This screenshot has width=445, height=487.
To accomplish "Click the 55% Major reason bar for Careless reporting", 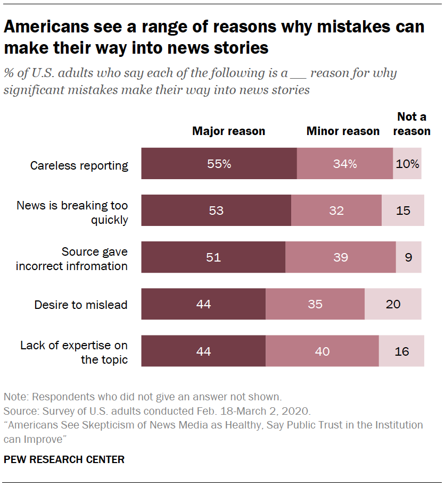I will coord(219,164).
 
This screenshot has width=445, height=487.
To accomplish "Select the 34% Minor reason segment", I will coord(344,164).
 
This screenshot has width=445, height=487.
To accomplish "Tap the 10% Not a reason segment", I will coord(407,164).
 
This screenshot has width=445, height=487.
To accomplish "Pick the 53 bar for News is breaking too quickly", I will coord(216,211).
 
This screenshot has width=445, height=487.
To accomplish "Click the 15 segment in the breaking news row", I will coord(403,211).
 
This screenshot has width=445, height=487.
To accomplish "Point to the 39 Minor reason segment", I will coord(341,257).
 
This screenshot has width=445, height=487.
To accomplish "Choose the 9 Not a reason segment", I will coord(408,257).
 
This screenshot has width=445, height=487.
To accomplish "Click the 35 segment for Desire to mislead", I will coord(315,304).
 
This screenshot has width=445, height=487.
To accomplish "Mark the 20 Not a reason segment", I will coord(393,304).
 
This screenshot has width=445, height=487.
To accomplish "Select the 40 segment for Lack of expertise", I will coord(322,351).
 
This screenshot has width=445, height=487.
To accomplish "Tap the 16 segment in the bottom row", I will coord(401,351).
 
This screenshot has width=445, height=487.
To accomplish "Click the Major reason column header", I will coord(228,131).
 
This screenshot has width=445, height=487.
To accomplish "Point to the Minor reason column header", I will coord(343,131).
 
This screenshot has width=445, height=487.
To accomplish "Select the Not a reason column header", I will coord(412,124).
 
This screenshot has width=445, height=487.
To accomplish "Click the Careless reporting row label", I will coord(79,165).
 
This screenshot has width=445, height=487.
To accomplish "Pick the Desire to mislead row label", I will coord(81,305).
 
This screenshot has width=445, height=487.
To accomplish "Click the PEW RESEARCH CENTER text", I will coord(64,459).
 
